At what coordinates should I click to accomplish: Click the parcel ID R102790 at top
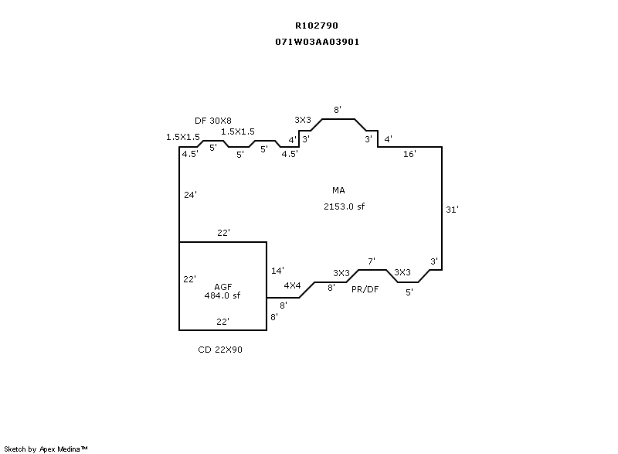(x=317, y=26)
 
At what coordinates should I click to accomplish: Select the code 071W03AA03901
(x=317, y=42)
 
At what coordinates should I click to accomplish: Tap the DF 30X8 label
(x=213, y=121)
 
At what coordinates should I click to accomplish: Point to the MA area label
(x=338, y=190)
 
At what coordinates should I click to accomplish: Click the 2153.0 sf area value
(x=344, y=207)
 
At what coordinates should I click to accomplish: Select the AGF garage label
(x=223, y=287)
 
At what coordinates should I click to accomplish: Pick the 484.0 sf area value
(x=222, y=295)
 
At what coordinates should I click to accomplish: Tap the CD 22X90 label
(x=220, y=350)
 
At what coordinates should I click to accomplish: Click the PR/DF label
(x=365, y=289)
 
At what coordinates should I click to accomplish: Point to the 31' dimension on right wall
(x=452, y=210)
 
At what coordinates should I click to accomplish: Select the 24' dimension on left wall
(x=190, y=194)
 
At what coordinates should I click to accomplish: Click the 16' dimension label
(x=409, y=154)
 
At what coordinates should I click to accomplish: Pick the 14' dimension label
(x=277, y=271)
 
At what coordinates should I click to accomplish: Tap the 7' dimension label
(x=372, y=261)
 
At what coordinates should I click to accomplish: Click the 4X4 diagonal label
(x=293, y=285)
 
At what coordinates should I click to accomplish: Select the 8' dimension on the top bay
(x=338, y=110)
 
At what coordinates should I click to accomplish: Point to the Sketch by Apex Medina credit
(x=46, y=449)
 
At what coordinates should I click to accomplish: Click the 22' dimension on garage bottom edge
(x=222, y=322)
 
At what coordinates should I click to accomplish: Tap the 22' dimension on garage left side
(x=189, y=279)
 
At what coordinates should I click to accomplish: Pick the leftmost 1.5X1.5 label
(x=183, y=137)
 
